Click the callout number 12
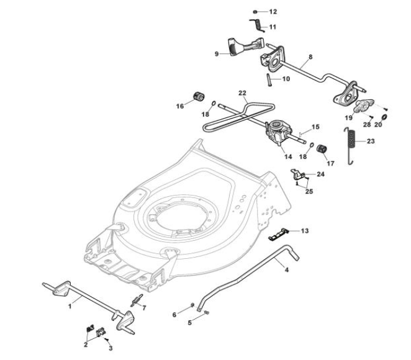coord(273,12)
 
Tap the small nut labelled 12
coord(255,12)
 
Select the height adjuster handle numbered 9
coord(245,46)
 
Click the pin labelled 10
coord(269,80)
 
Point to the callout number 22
coord(243,92)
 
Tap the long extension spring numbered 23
coord(351,146)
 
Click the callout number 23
coord(371,142)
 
